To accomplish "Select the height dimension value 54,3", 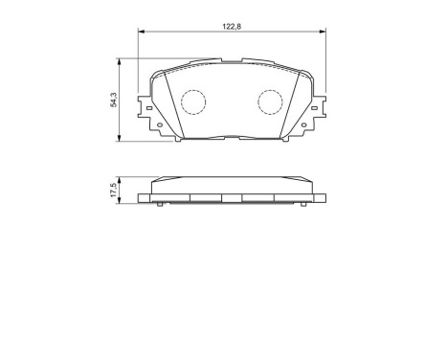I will (x=113, y=101).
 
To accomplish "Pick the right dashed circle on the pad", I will (x=272, y=101).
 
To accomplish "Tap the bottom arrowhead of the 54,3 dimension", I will (x=120, y=140).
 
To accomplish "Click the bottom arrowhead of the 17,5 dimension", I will (x=120, y=204).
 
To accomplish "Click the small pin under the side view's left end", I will (x=157, y=207).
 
